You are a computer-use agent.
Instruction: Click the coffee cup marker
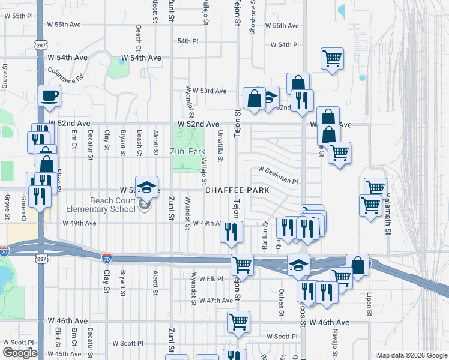[49, 95]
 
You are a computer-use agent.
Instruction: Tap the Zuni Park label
[187, 151]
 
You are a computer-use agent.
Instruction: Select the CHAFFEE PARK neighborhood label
[236, 190]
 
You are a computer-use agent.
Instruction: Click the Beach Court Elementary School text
[113, 205]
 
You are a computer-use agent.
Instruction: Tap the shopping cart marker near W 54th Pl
[332, 59]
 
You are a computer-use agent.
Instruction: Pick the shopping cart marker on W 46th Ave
[238, 322]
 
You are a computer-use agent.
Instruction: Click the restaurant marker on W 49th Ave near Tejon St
[231, 232]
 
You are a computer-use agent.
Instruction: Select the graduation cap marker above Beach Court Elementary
[146, 187]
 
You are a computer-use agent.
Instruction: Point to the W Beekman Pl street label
[279, 170]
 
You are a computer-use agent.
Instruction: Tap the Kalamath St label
[388, 213]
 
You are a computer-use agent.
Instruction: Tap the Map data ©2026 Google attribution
[411, 355]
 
